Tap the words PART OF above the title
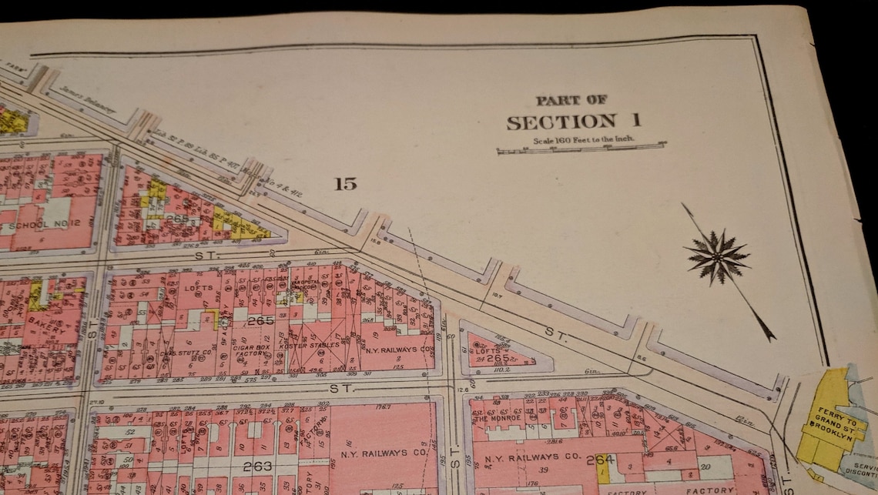(x=571, y=99)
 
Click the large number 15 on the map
(x=346, y=183)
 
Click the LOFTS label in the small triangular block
(x=483, y=351)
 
